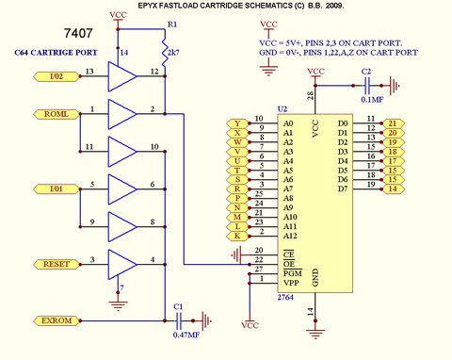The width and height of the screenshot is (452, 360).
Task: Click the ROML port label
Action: (55, 114)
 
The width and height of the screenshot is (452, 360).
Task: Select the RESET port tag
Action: (55, 264)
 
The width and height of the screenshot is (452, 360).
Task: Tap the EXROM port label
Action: (55, 321)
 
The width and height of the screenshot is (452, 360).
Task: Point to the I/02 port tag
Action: (55, 76)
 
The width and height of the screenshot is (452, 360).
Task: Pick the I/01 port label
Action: (55, 189)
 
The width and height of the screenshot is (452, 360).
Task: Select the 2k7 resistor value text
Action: (175, 55)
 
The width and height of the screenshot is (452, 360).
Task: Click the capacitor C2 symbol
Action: (367, 84)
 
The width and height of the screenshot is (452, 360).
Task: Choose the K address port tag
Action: (236, 235)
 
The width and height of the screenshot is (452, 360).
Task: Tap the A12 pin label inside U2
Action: (289, 235)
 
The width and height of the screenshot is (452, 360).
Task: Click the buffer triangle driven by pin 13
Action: (121, 76)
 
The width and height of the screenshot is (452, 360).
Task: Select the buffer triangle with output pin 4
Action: (121, 264)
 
